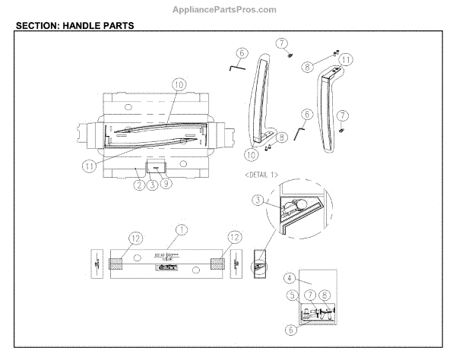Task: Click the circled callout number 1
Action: tap(181, 229)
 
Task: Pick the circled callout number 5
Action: tap(292, 295)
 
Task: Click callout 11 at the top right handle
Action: tap(347, 58)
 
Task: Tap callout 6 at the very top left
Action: tap(242, 53)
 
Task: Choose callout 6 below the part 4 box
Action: tap(291, 330)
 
